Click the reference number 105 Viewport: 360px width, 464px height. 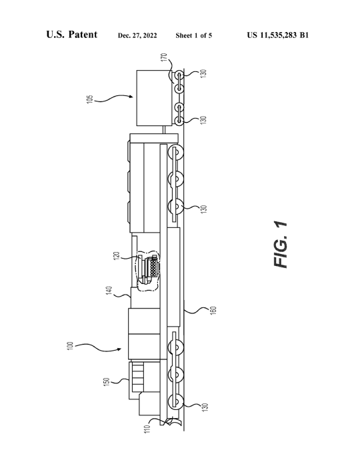(x=90, y=99)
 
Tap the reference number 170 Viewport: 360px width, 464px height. (x=164, y=57)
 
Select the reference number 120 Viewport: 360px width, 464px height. (x=116, y=256)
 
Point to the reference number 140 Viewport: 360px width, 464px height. (x=109, y=290)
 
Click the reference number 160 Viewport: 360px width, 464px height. (x=213, y=311)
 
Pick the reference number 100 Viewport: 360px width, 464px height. (x=70, y=346)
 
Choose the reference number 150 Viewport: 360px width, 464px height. (x=107, y=381)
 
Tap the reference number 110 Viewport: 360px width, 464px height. (x=147, y=429)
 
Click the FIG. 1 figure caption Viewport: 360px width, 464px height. (x=281, y=245)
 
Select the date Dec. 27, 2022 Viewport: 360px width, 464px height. (x=137, y=35)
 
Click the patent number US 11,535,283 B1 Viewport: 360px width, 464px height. (x=278, y=35)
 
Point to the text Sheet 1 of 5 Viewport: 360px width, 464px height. (x=194, y=35)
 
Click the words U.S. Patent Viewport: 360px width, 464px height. (x=71, y=35)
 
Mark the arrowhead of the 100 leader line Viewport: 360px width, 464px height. (x=119, y=349)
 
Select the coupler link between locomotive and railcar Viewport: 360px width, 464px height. (x=163, y=129)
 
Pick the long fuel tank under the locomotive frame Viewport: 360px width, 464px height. (x=173, y=277)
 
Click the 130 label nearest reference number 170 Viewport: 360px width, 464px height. (x=203, y=73)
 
